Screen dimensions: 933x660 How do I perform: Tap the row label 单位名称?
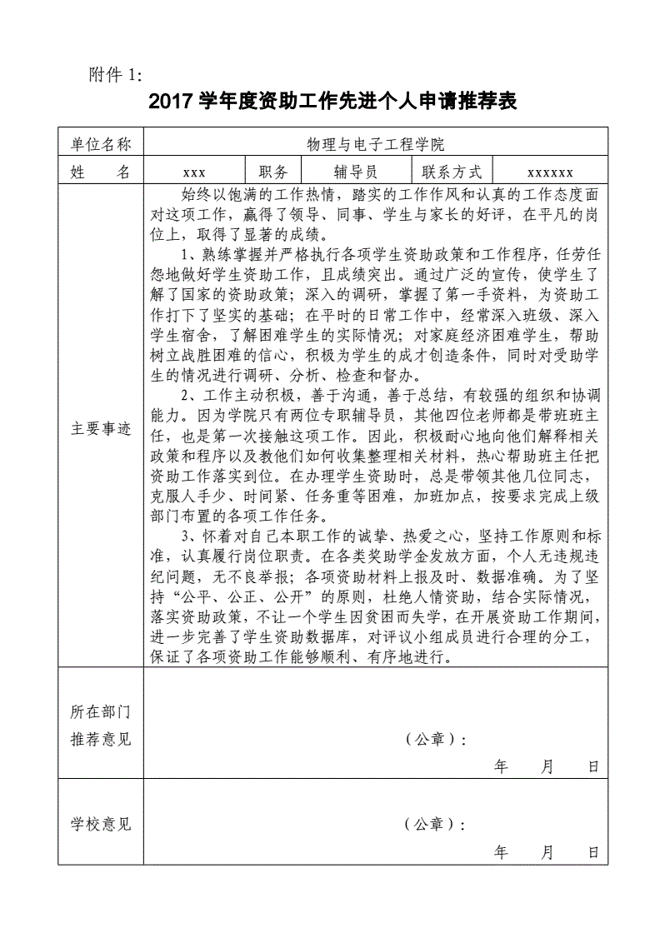[101, 144]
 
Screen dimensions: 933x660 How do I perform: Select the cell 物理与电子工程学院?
[375, 144]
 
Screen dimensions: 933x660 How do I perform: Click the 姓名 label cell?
[101, 172]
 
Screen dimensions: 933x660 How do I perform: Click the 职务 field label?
[273, 172]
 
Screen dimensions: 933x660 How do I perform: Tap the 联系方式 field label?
[452, 172]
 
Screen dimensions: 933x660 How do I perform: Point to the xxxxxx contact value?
[550, 172]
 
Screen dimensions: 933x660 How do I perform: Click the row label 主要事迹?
[101, 429]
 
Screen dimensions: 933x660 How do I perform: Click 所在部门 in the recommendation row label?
[101, 712]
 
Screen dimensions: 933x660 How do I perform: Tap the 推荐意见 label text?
[101, 739]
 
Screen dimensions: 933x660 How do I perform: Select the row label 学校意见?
[101, 825]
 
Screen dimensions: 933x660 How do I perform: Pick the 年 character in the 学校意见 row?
[501, 852]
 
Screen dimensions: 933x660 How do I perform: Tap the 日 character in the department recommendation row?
[593, 766]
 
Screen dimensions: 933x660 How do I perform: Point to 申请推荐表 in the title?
[470, 102]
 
